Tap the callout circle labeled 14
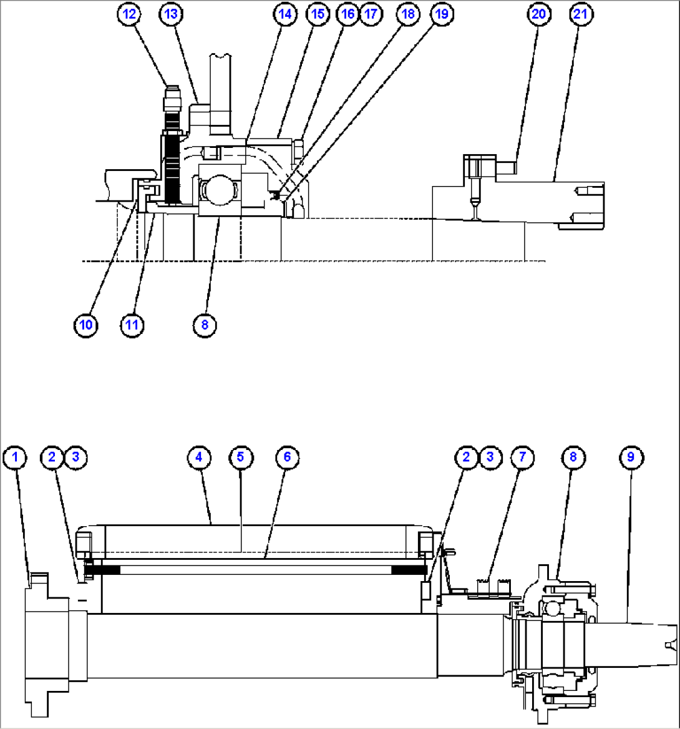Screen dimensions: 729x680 286,15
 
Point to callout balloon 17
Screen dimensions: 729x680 371,15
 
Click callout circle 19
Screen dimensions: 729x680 441,15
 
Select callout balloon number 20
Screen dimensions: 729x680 538,15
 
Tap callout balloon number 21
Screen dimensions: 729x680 580,15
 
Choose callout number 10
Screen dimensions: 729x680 86,325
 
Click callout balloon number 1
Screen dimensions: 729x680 15,457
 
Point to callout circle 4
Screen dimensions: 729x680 198,457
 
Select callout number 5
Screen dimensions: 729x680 241,457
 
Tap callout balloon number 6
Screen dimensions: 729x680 287,457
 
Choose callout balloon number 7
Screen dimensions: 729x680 522,457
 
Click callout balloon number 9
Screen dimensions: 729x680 631,457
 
